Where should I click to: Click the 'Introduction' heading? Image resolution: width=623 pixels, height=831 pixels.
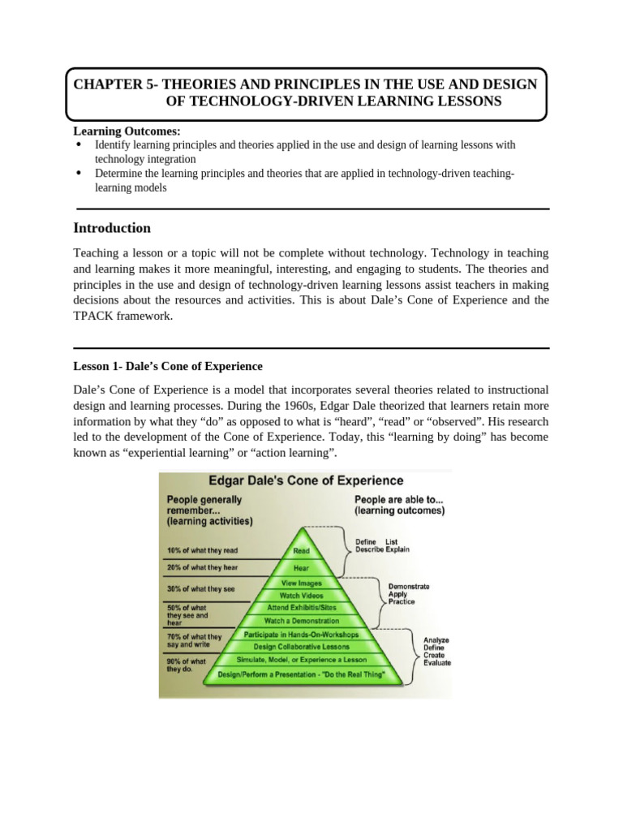click(112, 228)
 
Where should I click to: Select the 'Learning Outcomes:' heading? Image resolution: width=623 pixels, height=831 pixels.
click(127, 131)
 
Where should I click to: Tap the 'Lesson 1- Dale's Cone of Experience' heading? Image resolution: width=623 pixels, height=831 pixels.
click(168, 367)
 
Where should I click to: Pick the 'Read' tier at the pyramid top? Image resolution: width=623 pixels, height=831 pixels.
click(302, 549)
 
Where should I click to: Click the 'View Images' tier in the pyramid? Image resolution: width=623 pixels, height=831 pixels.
click(302, 583)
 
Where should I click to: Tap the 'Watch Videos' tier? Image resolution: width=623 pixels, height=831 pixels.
click(302, 595)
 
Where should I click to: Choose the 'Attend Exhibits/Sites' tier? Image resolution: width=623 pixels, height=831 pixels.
click(302, 607)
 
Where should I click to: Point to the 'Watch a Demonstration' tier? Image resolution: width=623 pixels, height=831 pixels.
click(302, 621)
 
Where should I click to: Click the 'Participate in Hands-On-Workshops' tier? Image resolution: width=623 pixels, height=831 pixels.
click(302, 634)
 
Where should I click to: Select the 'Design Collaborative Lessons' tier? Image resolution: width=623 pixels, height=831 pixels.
click(302, 647)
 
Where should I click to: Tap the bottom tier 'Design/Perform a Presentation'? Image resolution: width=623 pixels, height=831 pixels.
click(302, 674)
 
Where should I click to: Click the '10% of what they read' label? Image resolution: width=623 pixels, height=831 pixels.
click(202, 550)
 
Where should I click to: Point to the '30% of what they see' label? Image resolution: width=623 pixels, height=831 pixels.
click(200, 589)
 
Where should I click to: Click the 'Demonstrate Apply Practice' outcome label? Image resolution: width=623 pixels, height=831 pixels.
click(409, 594)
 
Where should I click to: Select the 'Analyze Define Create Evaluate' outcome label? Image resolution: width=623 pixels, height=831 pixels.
click(436, 651)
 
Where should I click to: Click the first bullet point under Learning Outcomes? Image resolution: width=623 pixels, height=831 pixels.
click(79, 144)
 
